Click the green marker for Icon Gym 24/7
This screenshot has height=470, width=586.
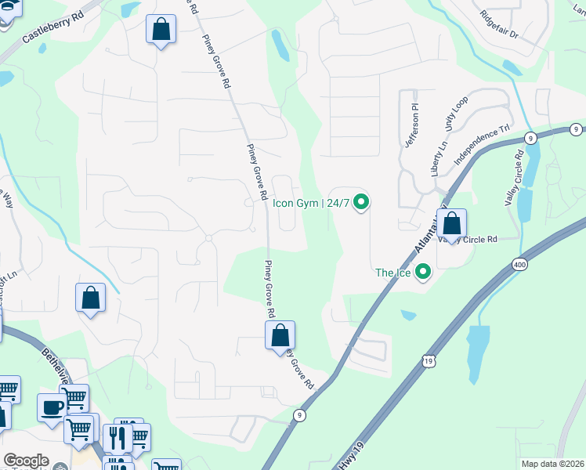361,203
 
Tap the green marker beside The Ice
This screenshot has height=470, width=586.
424,273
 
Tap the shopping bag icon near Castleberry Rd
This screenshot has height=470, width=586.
161,31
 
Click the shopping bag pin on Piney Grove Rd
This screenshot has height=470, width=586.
280,336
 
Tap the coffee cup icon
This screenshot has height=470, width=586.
52,408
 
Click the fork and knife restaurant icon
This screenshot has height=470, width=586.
118,436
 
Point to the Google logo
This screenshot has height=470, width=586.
26,461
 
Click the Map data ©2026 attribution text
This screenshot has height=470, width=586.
552,464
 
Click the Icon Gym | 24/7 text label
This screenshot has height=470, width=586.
310,203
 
